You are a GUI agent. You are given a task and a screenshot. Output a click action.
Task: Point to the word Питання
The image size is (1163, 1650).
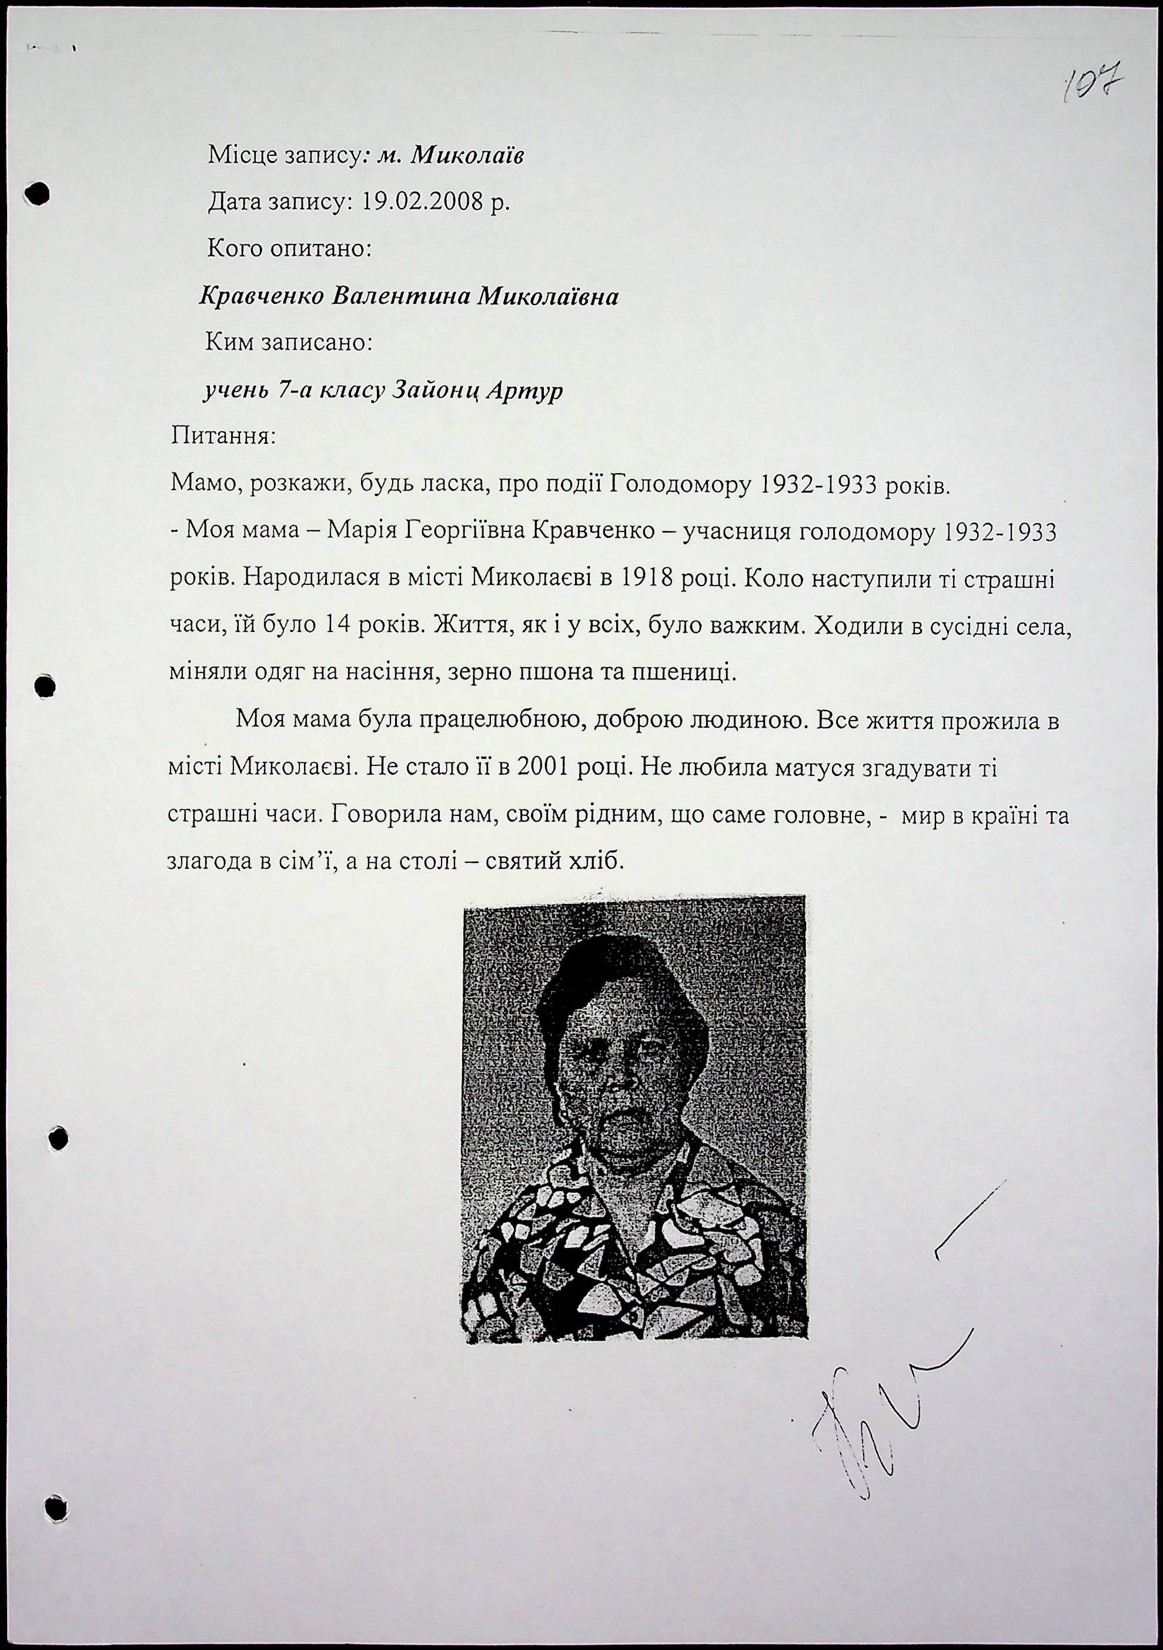click(x=222, y=436)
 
